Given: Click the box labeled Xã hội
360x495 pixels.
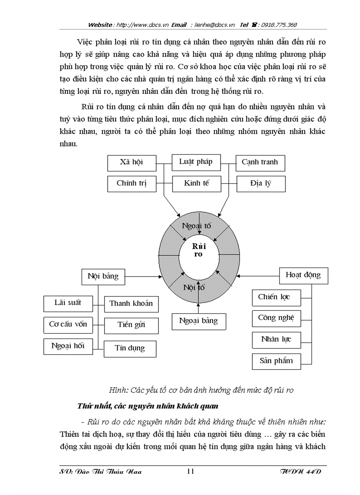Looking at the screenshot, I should tap(131, 162).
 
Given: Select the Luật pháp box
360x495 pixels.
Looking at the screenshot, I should tap(195, 162).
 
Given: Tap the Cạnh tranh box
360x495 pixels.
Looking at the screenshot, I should tap(260, 162).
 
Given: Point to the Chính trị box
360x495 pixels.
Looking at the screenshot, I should tap(131, 183).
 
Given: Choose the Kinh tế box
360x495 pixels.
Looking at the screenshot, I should tap(196, 183).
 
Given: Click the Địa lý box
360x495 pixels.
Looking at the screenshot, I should tap(261, 183).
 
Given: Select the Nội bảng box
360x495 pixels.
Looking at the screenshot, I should tap(103, 276).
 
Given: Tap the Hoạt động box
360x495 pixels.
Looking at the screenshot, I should tap(303, 275).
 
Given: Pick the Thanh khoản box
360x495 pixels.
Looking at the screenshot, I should tap(131, 304).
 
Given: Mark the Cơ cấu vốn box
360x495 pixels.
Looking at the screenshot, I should tap(68, 324).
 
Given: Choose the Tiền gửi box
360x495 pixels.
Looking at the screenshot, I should tap(131, 325).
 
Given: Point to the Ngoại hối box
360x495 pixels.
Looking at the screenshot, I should tap(68, 346).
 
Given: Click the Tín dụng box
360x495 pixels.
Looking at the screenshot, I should tap(130, 348).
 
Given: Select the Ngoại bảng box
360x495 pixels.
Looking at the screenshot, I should tap(199, 321).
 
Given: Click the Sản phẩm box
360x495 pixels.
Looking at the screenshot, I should tap(276, 361).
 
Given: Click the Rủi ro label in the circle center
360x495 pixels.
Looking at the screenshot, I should tap(199, 250).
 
